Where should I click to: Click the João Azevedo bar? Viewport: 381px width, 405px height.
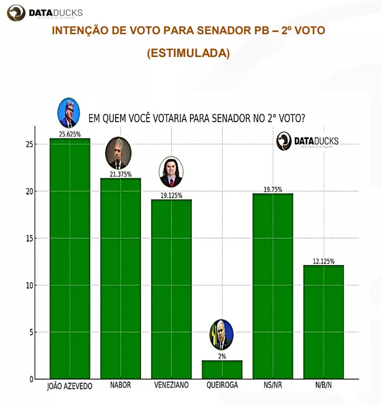click(70, 258)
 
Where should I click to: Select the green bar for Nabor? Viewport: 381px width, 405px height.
click(120, 278)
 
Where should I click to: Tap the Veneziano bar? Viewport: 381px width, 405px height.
click(171, 289)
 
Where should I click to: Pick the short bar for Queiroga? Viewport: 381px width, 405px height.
click(222, 369)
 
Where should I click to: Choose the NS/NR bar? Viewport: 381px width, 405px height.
click(273, 286)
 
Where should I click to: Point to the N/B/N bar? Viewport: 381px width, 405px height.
click(324, 322)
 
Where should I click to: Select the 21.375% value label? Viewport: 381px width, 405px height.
click(120, 174)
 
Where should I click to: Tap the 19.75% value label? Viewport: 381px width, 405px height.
click(273, 189)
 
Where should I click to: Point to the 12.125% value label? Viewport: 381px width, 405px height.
click(324, 261)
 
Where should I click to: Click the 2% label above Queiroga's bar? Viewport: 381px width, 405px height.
click(222, 357)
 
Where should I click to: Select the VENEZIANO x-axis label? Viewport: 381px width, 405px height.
click(171, 385)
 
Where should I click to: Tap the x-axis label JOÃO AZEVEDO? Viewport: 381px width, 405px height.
click(70, 386)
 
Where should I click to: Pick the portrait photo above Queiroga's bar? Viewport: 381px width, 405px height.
click(221, 335)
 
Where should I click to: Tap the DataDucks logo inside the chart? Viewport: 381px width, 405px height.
click(307, 142)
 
